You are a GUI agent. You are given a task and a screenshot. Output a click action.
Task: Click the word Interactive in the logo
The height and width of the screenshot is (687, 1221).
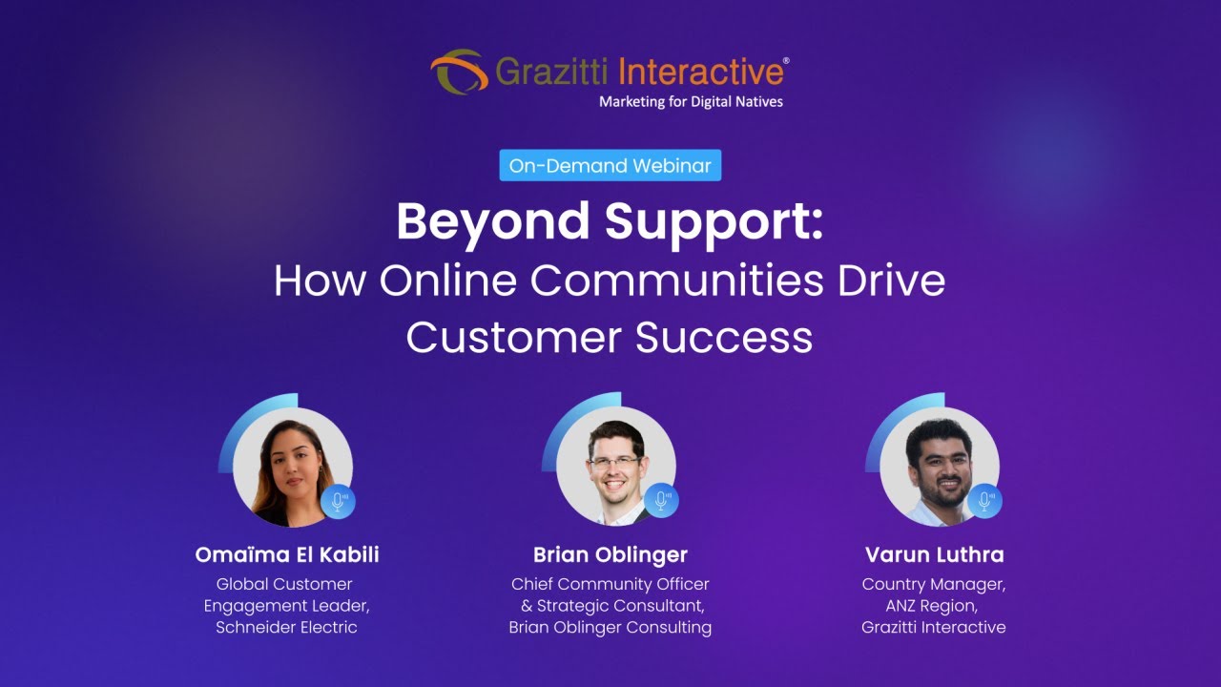tap(699, 72)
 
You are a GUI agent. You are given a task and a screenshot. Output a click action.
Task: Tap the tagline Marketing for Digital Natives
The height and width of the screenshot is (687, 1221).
tap(691, 100)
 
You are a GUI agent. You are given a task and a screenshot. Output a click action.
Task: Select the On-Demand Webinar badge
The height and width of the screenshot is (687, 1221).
tap(610, 165)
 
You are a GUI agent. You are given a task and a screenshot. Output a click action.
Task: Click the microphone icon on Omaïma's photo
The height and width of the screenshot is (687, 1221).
tap(338, 501)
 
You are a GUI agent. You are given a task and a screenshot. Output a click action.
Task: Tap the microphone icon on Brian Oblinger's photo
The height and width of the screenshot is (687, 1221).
tap(661, 501)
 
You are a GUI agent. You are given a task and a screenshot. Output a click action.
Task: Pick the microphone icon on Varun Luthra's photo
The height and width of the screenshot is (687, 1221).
tap(984, 501)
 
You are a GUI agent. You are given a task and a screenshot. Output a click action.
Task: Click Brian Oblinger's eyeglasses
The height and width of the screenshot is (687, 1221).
tap(615, 463)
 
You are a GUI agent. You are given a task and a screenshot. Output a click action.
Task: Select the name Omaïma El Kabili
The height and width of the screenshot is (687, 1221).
tap(286, 554)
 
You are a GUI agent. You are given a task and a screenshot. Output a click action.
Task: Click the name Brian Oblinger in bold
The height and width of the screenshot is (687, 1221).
tap(610, 554)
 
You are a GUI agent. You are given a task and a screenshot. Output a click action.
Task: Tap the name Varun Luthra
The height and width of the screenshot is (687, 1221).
tap(934, 554)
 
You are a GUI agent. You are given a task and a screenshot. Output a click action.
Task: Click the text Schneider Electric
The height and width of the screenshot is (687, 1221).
tap(285, 627)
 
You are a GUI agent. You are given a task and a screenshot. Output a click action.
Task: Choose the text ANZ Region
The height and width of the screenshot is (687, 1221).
tap(933, 605)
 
